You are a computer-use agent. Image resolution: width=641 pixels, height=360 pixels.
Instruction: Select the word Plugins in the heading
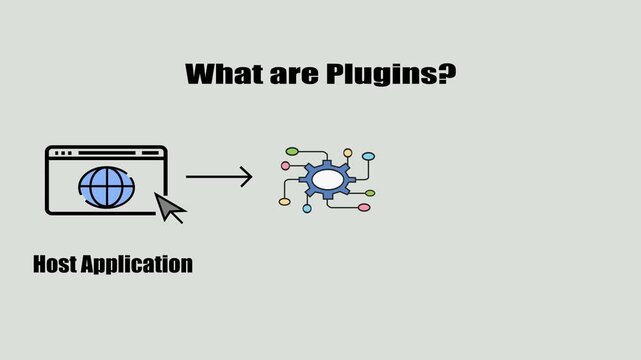(x=381, y=74)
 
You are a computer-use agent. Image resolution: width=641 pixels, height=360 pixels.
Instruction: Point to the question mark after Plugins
(x=447, y=74)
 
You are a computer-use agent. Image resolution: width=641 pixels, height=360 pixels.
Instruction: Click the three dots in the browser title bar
(x=62, y=153)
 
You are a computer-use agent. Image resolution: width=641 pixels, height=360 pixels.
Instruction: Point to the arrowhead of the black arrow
(x=246, y=178)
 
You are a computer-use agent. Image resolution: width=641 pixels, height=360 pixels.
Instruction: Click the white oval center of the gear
(x=327, y=179)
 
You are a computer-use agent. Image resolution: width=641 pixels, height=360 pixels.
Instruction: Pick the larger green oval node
(x=292, y=151)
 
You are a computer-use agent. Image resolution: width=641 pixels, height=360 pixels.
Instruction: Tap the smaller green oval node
(x=370, y=193)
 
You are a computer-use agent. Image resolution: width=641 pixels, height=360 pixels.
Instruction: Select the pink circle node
(x=285, y=166)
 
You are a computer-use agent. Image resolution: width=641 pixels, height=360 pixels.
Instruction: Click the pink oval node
(x=364, y=207)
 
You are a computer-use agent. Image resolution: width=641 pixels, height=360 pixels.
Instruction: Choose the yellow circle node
(x=348, y=153)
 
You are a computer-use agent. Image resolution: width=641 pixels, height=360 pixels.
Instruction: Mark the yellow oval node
(x=284, y=202)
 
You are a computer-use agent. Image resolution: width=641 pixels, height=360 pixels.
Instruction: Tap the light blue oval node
(x=368, y=157)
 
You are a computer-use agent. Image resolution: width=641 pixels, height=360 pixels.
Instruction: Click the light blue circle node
(x=307, y=209)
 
